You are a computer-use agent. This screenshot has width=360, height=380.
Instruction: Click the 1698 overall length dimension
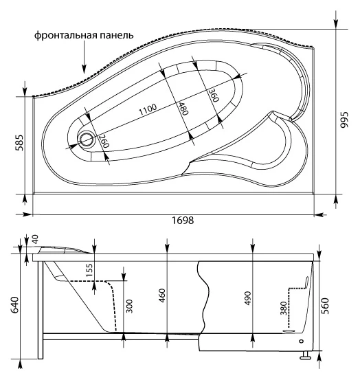click(183, 221)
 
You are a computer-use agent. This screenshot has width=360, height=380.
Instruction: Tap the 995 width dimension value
click(344, 120)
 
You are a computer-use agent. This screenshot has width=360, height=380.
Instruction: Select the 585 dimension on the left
click(19, 143)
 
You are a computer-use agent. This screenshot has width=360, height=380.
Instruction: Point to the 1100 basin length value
click(148, 110)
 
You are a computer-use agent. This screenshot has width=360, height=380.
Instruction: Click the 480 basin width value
click(183, 109)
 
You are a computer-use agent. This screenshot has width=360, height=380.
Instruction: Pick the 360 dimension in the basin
click(214, 95)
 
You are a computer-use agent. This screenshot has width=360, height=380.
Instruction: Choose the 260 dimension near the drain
click(104, 141)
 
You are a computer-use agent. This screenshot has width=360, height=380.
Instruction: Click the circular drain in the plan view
click(86, 139)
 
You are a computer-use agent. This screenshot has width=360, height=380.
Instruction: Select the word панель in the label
click(117, 36)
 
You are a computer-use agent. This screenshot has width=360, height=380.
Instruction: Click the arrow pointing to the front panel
click(84, 57)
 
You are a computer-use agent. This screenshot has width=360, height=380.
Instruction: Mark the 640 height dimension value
click(15, 304)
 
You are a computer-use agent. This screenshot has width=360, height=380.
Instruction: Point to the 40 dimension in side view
click(35, 239)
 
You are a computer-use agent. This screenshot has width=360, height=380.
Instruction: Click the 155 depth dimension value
click(89, 270)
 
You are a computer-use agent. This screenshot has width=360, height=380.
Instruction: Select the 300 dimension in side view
click(130, 306)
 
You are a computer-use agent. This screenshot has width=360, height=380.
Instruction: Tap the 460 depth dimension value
click(162, 295)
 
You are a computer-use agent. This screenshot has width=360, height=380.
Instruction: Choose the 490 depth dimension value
click(248, 298)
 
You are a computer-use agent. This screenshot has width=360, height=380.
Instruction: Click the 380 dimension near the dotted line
click(284, 309)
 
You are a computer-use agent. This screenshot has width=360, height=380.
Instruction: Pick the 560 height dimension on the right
click(326, 306)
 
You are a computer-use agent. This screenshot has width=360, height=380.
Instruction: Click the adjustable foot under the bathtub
click(305, 355)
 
